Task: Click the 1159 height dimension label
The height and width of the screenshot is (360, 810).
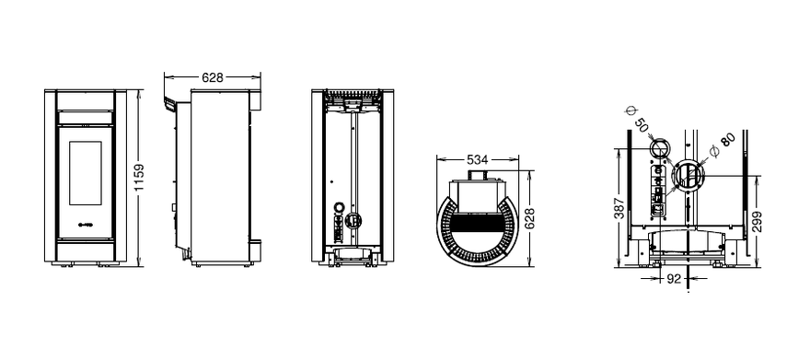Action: click(x=139, y=178)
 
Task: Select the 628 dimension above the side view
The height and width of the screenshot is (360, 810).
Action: click(x=213, y=77)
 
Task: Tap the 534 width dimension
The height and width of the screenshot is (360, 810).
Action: click(x=478, y=159)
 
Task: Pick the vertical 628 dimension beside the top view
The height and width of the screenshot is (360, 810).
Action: click(x=528, y=218)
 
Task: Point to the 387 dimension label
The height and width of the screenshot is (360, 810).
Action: click(x=619, y=208)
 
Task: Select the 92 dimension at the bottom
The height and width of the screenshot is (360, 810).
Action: click(x=674, y=279)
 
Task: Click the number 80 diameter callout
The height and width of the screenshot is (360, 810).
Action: click(x=727, y=140)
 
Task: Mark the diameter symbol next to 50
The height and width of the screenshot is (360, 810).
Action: click(x=631, y=111)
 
